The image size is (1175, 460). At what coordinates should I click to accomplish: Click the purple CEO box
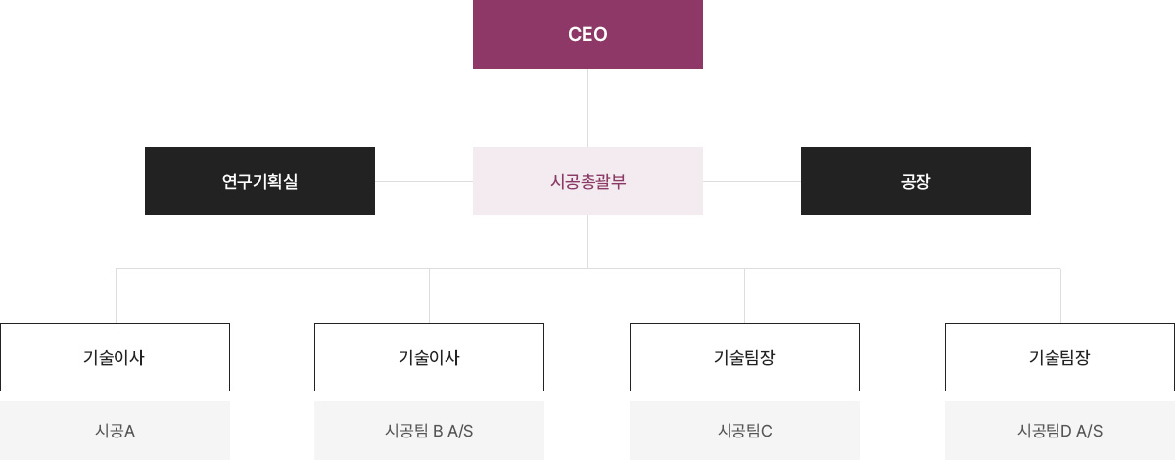click(587, 34)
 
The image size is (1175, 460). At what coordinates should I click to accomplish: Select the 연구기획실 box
click(259, 181)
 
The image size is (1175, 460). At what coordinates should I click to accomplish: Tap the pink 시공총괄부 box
click(587, 181)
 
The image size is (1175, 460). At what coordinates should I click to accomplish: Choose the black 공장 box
click(916, 181)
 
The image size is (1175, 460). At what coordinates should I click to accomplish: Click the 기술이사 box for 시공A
click(115, 357)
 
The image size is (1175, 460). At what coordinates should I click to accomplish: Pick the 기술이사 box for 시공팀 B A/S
click(429, 357)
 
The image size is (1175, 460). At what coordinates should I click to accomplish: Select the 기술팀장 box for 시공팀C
click(744, 357)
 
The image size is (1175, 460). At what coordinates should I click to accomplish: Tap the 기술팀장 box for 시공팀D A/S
click(1059, 357)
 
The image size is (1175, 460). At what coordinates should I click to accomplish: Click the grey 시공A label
click(115, 431)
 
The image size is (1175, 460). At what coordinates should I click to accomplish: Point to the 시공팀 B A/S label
click(429, 431)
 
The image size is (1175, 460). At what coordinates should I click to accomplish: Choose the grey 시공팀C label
click(744, 431)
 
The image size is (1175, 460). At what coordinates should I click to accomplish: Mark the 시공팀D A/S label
click(1059, 431)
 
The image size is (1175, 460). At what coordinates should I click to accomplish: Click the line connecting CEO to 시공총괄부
click(587, 108)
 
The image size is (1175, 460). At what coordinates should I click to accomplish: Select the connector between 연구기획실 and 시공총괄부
click(424, 181)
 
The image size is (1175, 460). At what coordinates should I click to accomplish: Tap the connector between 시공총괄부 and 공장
click(752, 181)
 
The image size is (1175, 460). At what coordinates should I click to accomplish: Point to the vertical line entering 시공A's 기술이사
click(116, 296)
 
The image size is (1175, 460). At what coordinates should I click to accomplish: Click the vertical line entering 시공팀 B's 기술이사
click(429, 296)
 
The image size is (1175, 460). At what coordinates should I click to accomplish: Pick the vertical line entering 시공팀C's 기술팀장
click(745, 296)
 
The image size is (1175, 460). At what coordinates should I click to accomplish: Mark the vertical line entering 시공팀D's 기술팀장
click(1060, 296)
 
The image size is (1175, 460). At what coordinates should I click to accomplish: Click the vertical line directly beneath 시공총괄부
click(587, 241)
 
